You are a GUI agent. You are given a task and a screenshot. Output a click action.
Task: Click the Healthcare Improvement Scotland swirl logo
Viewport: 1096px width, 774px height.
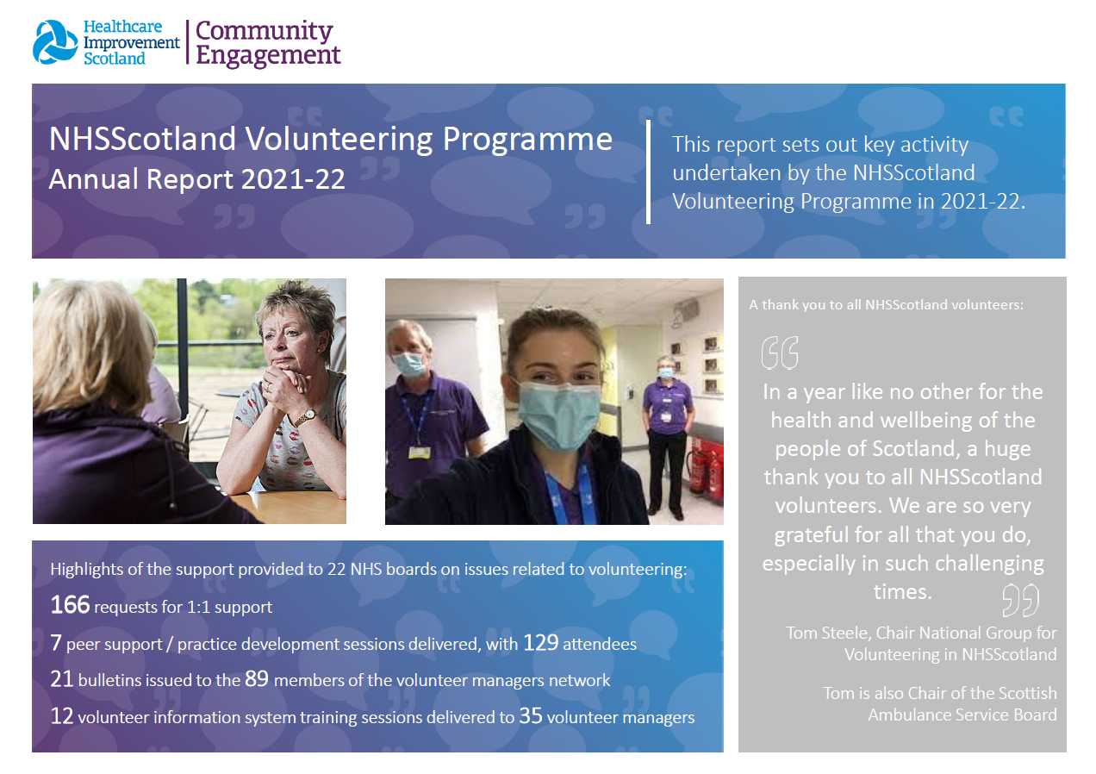click(55, 42)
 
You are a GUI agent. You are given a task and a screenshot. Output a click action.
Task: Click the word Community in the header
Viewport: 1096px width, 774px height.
click(265, 31)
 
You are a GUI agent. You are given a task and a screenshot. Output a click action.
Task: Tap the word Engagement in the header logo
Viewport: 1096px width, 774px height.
click(268, 55)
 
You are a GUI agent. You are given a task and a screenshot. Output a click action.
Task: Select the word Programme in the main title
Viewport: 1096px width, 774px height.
click(527, 140)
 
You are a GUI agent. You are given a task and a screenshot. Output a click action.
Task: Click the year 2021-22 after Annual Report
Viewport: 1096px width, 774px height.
click(293, 178)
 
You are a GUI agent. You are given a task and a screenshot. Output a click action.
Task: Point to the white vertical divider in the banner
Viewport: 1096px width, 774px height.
click(648, 172)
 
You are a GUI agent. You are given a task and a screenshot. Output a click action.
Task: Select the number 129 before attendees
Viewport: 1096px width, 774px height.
click(540, 642)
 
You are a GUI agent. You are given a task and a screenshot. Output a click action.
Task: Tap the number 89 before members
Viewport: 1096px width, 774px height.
click(257, 678)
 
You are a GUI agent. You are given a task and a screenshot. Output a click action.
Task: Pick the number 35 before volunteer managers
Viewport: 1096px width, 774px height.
click(531, 715)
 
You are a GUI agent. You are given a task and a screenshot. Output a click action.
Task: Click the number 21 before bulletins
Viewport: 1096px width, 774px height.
click(62, 679)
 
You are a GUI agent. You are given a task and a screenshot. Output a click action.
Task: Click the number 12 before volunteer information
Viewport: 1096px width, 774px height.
click(62, 716)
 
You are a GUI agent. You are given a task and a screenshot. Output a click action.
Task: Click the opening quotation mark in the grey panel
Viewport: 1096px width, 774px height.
click(780, 353)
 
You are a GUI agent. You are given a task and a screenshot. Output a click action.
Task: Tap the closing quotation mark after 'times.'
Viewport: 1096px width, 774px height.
click(1020, 600)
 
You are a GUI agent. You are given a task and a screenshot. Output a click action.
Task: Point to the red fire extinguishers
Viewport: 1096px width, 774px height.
click(706, 470)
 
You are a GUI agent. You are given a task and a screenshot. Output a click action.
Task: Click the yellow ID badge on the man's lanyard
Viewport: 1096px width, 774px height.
click(420, 453)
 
